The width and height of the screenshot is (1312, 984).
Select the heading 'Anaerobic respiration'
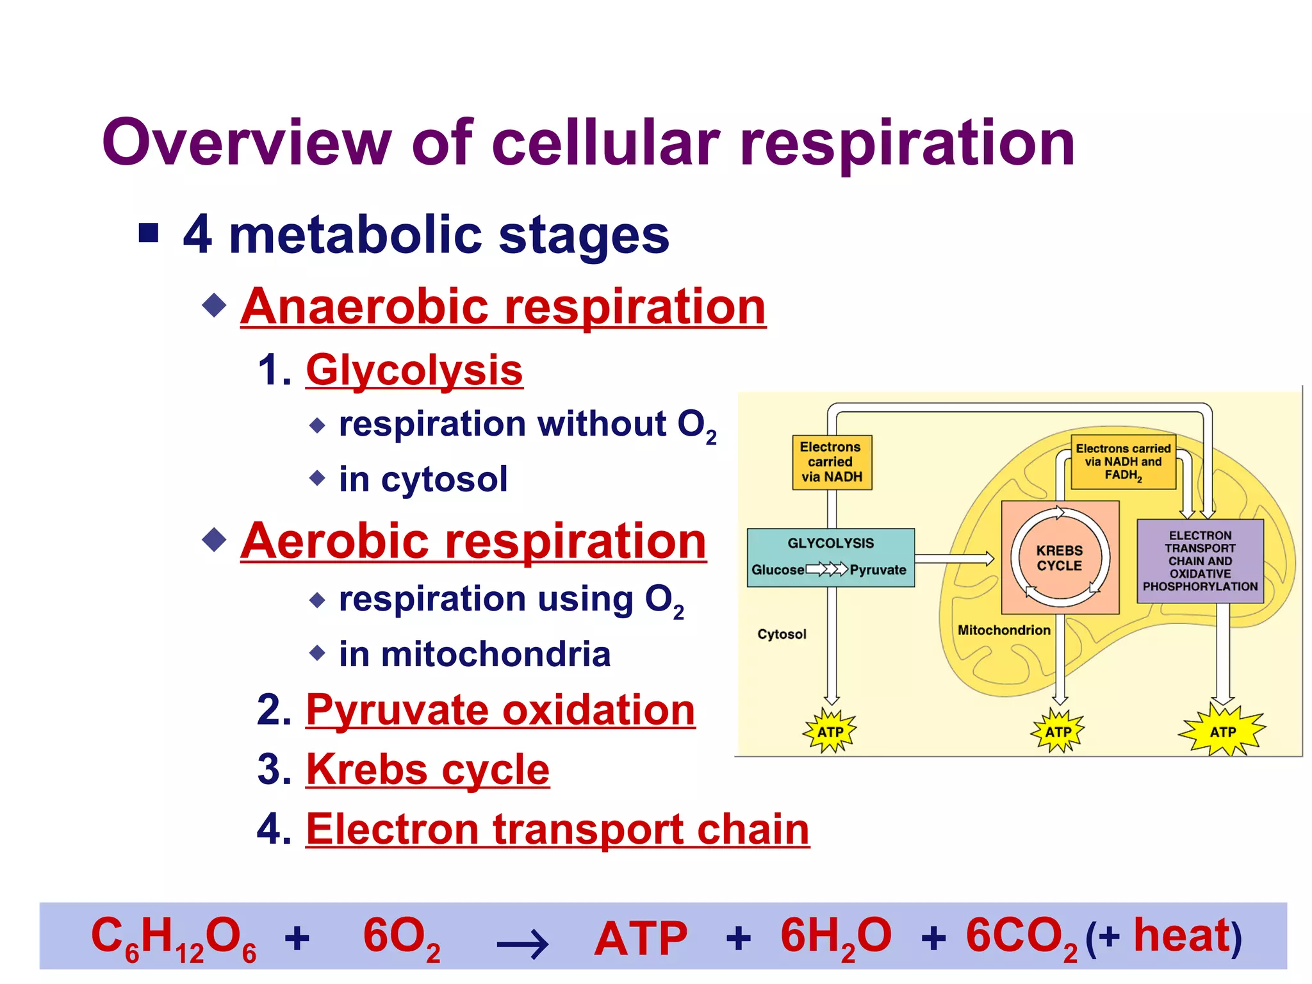(503, 307)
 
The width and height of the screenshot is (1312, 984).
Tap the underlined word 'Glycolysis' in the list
(414, 370)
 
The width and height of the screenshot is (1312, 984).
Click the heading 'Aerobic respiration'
(473, 541)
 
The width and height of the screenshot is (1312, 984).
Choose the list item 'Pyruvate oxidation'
(500, 710)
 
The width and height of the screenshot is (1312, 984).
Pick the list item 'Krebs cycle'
(427, 769)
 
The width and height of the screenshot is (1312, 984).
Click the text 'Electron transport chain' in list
(557, 829)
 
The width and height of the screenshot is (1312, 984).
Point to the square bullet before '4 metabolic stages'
(149, 233)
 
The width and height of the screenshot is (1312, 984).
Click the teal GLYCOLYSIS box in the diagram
(830, 557)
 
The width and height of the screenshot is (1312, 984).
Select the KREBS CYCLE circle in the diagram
(1060, 558)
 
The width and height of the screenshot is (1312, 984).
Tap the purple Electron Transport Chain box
(1200, 561)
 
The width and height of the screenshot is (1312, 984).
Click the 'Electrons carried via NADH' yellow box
(832, 463)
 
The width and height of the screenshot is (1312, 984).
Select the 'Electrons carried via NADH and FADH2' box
(1123, 462)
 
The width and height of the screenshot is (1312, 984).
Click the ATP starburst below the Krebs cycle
(1058, 732)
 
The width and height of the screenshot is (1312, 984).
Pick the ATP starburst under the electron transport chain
(1222, 732)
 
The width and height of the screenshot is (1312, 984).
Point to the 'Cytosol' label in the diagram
(782, 634)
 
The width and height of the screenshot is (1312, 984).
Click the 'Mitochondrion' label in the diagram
(1003, 630)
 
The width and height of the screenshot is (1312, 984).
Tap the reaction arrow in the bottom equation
(522, 943)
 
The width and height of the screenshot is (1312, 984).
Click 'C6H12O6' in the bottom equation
(173, 938)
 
